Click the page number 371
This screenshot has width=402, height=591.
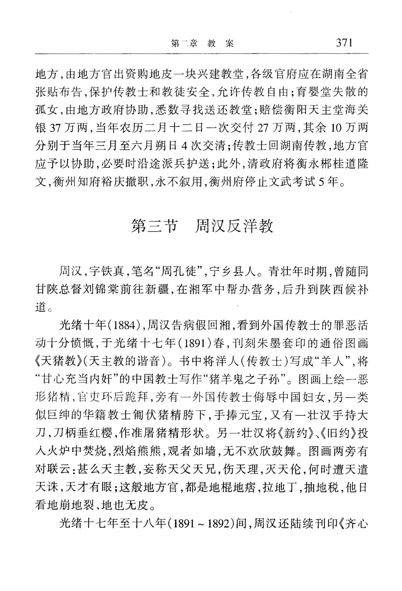tap(344, 42)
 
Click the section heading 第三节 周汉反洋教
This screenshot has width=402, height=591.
tap(202, 226)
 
